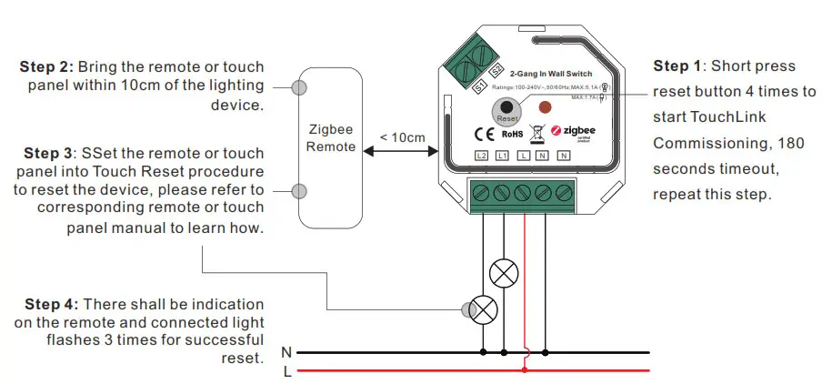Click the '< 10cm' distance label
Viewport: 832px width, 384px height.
[x=402, y=137]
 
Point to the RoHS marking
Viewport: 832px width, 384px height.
[x=513, y=135]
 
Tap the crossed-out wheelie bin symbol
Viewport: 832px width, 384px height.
[x=536, y=133]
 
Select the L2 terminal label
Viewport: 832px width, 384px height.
[x=482, y=157]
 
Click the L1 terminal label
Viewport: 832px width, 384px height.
[x=503, y=157]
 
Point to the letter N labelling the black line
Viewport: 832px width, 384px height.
[x=286, y=351]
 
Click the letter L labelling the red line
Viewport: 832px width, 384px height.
[x=286, y=370]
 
